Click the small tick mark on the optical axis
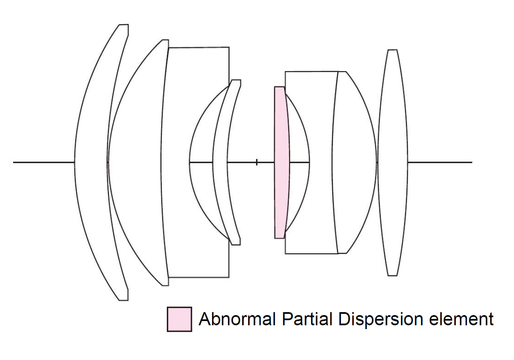point(257,162)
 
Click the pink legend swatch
point(179,319)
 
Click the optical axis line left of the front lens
point(42,162)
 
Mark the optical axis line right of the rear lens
point(440,162)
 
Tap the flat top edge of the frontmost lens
point(123,25)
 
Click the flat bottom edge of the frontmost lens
point(123,300)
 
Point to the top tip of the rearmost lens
point(392,50)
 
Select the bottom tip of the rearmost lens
point(392,275)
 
